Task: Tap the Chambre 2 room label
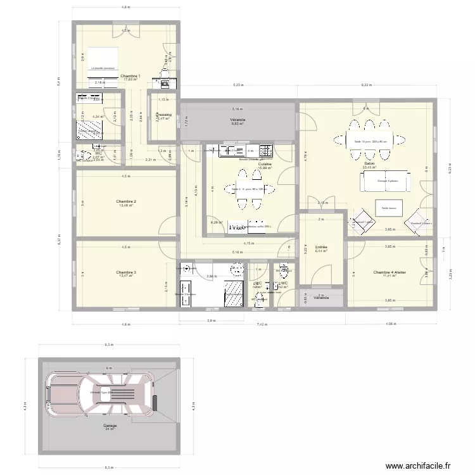127,201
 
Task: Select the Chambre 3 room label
127,272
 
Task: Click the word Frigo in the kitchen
237,226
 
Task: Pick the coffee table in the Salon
388,207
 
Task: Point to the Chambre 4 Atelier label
389,272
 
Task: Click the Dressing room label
163,115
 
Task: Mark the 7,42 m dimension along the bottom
260,323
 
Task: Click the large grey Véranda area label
238,119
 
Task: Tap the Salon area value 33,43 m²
369,167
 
